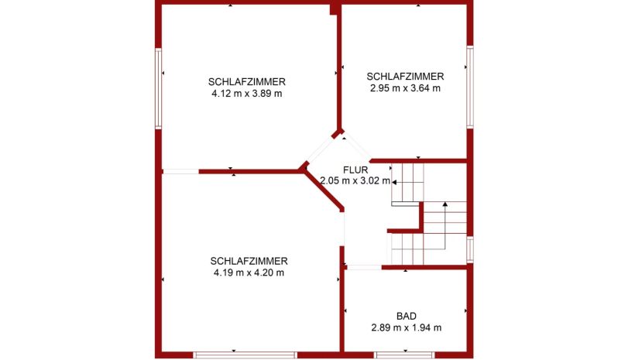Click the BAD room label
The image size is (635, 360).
pyautogui.click(x=407, y=316)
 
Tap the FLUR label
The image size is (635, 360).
pyautogui.click(x=355, y=170)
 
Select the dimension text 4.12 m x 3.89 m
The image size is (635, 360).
pyautogui.click(x=247, y=94)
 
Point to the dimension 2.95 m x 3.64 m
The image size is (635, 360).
pyautogui.click(x=405, y=88)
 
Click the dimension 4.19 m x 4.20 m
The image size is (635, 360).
pyautogui.click(x=249, y=273)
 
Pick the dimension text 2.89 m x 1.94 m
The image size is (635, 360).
pyautogui.click(x=407, y=327)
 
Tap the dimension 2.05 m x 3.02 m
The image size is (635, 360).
pyautogui.click(x=355, y=181)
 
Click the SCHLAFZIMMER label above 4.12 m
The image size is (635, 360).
pyautogui.click(x=247, y=82)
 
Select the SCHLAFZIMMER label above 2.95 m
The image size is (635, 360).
pyautogui.click(x=405, y=76)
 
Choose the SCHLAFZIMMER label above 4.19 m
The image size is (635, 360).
pyautogui.click(x=249, y=261)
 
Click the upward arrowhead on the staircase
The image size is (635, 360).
pyautogui.click(x=445, y=204)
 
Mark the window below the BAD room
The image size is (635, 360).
pyautogui.click(x=404, y=355)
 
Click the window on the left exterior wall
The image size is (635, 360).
pyautogui.click(x=158, y=89)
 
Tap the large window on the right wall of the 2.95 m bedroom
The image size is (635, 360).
pyautogui.click(x=470, y=87)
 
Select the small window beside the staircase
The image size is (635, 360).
pyautogui.click(x=470, y=249)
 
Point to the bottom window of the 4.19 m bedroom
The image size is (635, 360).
pyautogui.click(x=245, y=355)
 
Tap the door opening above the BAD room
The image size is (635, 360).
pyautogui.click(x=364, y=267)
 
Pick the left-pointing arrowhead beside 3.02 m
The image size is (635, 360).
pyautogui.click(x=393, y=183)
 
